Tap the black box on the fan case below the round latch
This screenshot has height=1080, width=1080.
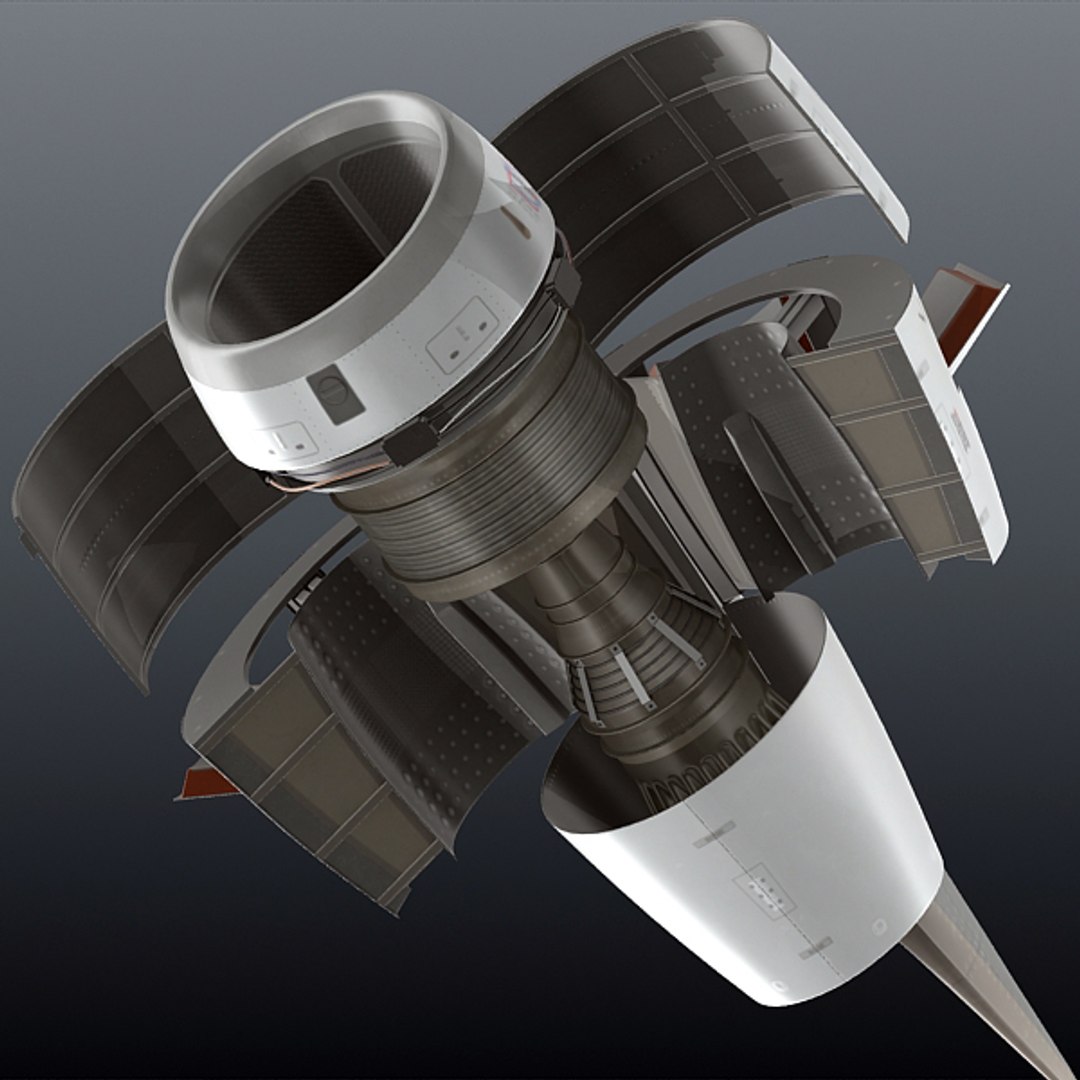pyautogui.click(x=412, y=440)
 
